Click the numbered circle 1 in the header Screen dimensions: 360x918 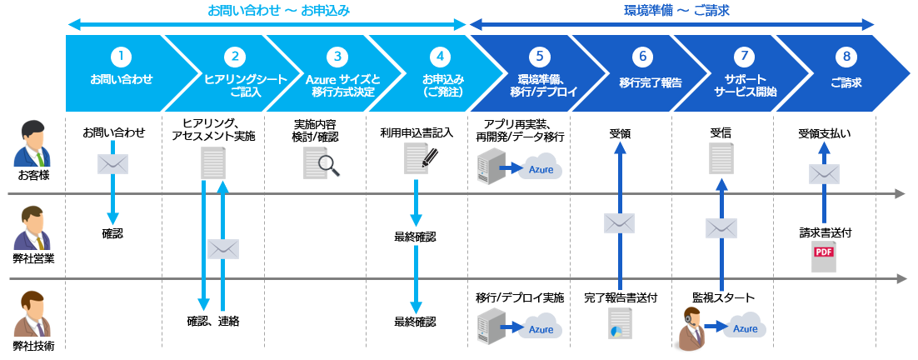coord(122,57)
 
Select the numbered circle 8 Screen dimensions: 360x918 coord(846,57)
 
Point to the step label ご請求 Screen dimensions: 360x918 coord(846,83)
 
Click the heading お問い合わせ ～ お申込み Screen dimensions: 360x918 coord(278,12)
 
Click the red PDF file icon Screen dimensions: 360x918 coord(823,256)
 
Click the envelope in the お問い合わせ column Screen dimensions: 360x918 coord(112,164)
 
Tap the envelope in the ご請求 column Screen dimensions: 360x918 coord(824,173)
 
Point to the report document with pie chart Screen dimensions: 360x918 coord(620,323)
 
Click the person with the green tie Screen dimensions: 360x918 coord(32,143)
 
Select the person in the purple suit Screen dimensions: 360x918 coord(32,227)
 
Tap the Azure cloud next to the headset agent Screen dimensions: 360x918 coord(745,327)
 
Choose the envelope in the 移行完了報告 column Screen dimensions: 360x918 coord(619,222)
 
